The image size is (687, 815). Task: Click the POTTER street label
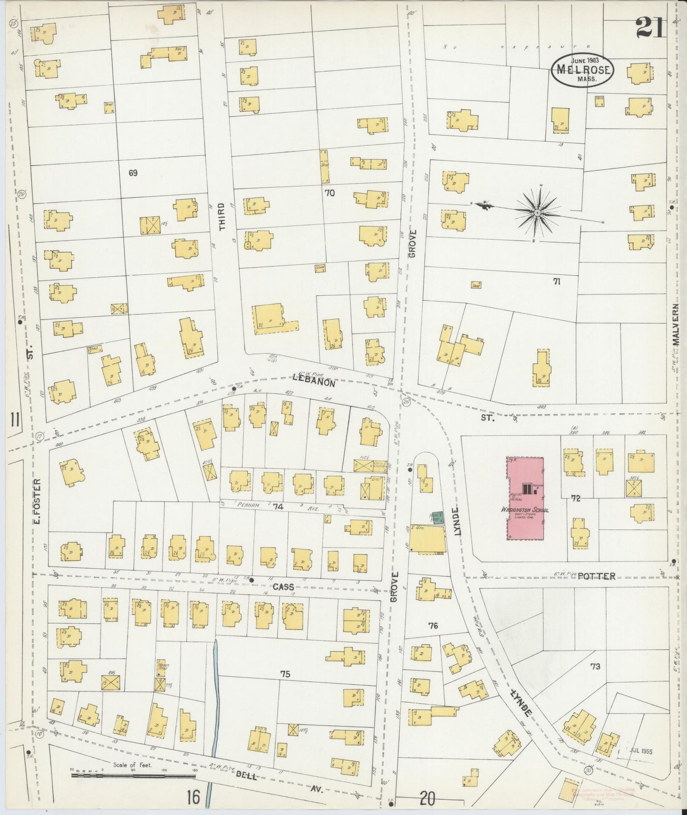[x=597, y=576]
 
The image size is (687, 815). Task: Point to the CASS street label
[x=283, y=587]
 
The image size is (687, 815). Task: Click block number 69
[x=133, y=173]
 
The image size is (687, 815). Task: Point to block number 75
[x=285, y=674]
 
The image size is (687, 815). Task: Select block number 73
[x=595, y=667]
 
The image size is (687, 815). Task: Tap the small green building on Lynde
[x=437, y=518]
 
